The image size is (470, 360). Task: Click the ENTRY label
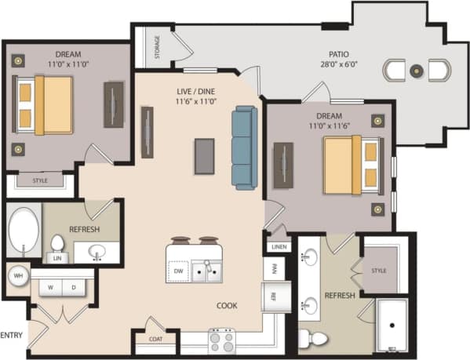[x=10, y=334]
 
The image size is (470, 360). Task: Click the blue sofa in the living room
[x=244, y=147]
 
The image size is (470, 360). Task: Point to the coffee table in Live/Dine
[x=204, y=155]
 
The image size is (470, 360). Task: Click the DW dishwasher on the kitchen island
[x=179, y=271]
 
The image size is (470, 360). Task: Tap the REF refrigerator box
[x=274, y=296]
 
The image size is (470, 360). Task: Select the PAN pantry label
[x=274, y=268]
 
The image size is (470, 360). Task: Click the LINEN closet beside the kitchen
[x=279, y=246]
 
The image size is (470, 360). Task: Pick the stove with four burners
[x=222, y=340]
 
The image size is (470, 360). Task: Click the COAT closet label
[x=155, y=339]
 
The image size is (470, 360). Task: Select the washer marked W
[x=51, y=287]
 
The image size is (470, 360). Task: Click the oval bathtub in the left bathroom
[x=24, y=230]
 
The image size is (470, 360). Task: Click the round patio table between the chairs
[x=417, y=71]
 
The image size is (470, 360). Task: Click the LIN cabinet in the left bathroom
[x=57, y=256]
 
